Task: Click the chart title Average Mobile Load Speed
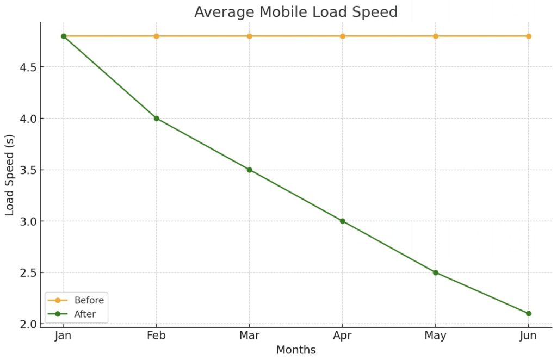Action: tap(295, 11)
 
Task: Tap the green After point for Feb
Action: tap(157, 118)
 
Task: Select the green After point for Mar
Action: tap(250, 170)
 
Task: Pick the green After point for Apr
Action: tap(343, 221)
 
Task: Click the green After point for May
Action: tap(436, 272)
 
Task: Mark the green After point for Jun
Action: tap(529, 313)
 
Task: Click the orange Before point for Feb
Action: tap(157, 36)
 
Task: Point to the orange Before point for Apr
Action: tap(343, 36)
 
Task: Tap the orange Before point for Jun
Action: tap(529, 36)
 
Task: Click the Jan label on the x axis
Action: tap(64, 336)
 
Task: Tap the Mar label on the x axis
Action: tap(250, 336)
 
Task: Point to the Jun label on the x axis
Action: tap(529, 336)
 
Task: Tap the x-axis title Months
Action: tap(295, 350)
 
